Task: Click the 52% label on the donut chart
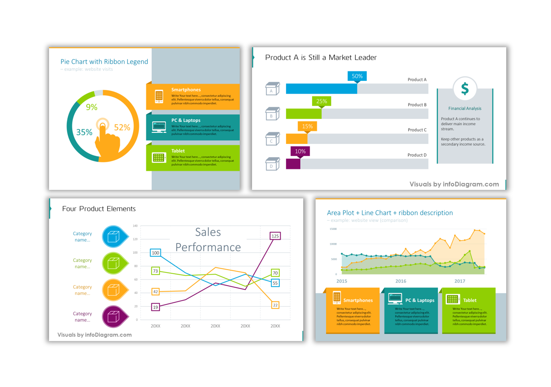(122, 127)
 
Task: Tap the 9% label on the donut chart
(92, 107)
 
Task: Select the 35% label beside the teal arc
(84, 132)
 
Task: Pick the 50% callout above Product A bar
(357, 77)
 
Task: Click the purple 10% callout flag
(300, 152)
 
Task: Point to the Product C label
(417, 130)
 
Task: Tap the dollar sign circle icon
(464, 89)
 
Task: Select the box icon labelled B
(272, 115)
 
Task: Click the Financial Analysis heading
(464, 109)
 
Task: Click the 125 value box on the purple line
(275, 236)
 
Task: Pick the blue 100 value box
(155, 253)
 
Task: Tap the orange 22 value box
(275, 305)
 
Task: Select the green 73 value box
(155, 271)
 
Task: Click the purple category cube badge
(114, 317)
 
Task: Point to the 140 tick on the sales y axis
(135, 226)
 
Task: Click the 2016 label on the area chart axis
(400, 281)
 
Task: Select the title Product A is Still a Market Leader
(321, 57)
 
